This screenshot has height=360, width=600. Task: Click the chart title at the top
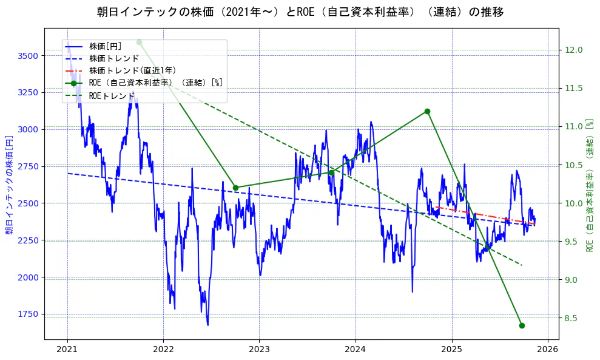click(300, 12)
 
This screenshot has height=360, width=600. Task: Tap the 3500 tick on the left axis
click(29, 56)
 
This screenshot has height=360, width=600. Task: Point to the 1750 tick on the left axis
click(29, 314)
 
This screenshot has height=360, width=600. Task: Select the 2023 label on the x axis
click(259, 349)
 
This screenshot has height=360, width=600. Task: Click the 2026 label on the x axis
click(548, 349)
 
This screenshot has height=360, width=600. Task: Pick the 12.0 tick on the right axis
click(574, 50)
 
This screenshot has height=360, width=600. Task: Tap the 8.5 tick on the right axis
click(572, 318)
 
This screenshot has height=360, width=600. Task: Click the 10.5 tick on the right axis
click(574, 165)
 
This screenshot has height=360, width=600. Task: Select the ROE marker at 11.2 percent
click(427, 111)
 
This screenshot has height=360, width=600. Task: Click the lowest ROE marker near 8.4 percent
click(522, 325)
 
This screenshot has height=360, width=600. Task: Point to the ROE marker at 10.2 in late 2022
click(235, 188)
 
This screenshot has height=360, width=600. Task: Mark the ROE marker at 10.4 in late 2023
click(331, 172)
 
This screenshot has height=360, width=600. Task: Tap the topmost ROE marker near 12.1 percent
click(139, 42)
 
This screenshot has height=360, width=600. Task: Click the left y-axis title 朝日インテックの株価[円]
click(9, 183)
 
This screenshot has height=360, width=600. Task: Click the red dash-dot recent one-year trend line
click(485, 216)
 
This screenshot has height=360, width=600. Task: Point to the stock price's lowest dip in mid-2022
click(207, 324)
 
